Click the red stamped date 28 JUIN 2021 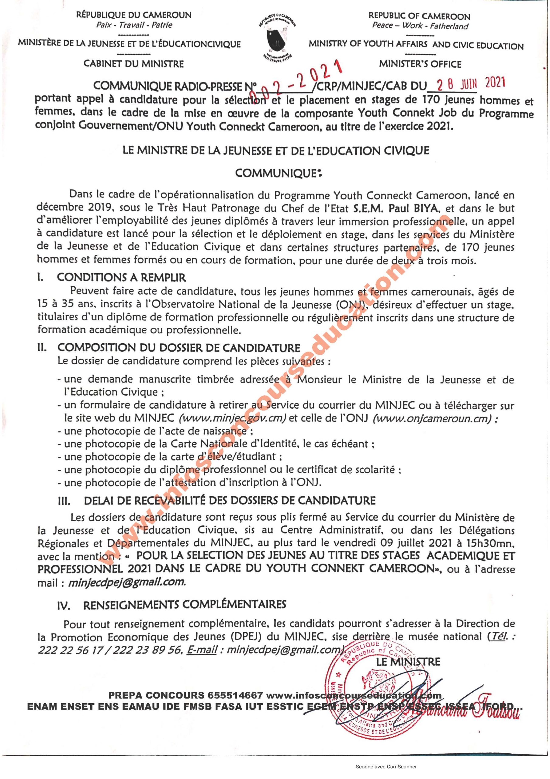(x=471, y=83)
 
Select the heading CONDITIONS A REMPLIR (x=121, y=278)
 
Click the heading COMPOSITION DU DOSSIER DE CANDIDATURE (x=179, y=348)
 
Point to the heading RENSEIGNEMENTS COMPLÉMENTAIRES (x=185, y=604)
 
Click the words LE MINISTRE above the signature (x=408, y=662)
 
